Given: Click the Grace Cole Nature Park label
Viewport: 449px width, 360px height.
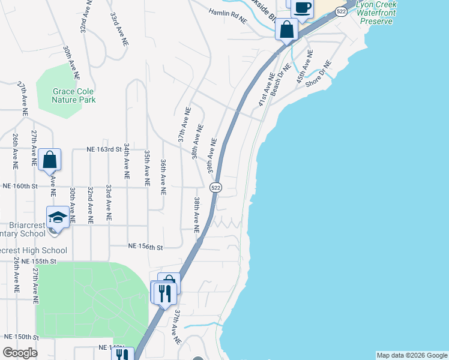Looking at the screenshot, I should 74,95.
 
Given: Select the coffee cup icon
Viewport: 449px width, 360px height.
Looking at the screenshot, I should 303,8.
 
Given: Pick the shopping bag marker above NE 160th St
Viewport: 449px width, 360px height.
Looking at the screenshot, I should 50,160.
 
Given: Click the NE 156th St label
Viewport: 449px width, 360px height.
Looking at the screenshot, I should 146,247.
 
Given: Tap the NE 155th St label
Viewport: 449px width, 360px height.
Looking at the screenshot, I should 38,262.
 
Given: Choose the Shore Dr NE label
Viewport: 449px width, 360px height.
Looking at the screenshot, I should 318,74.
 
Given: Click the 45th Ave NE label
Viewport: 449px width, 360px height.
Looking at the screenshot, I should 304,67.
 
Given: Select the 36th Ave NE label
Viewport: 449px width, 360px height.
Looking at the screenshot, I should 163,177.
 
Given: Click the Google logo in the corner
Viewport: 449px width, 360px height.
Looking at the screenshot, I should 20,353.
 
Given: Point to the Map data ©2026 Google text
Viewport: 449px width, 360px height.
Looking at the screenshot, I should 412,355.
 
